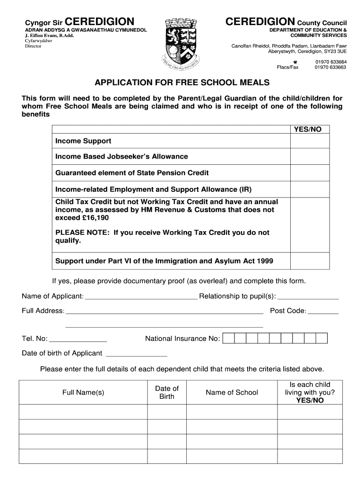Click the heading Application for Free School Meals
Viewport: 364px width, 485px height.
182,83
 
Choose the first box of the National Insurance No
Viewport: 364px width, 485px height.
228,338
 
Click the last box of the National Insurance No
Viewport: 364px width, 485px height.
321,338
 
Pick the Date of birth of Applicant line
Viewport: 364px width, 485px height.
137,354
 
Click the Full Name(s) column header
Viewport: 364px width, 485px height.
83,392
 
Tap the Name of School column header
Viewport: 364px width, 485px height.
232,392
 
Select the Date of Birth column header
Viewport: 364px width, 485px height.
167,392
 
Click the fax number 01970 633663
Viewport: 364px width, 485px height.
330,67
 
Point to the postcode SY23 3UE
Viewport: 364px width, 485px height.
335,51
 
